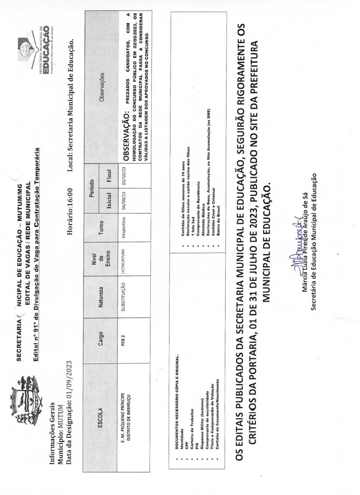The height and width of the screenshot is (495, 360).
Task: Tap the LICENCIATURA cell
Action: tap(123, 259)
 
